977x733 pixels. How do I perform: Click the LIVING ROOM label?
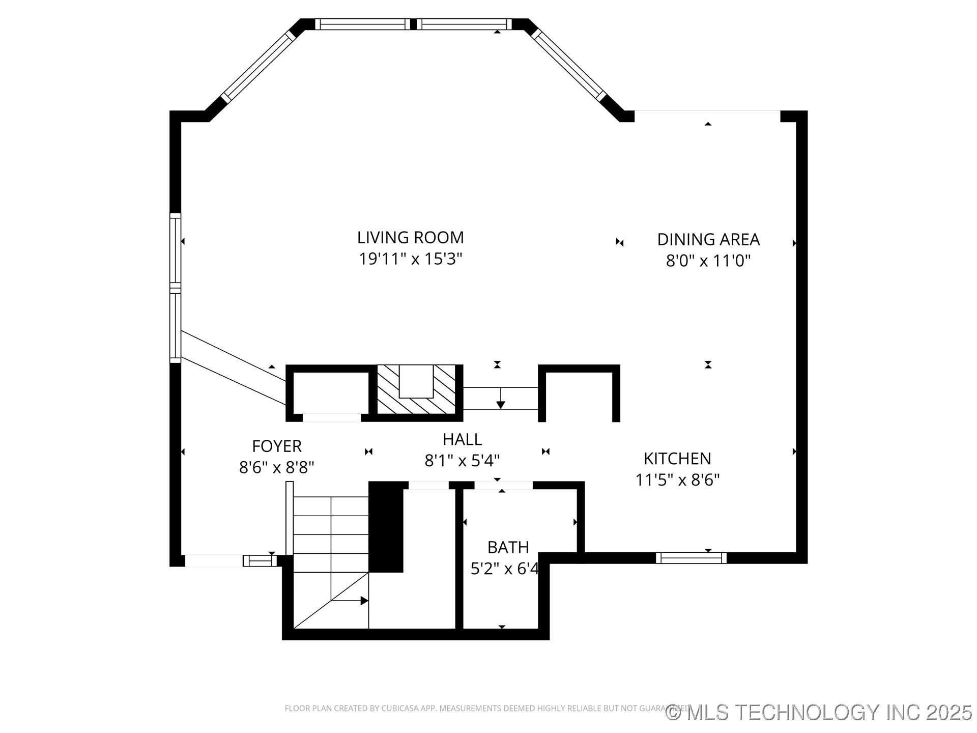coord(410,238)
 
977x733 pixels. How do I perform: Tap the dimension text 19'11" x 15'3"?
coord(410,259)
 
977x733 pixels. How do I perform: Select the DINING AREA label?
coord(708,239)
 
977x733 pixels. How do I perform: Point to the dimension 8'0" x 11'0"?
coord(708,261)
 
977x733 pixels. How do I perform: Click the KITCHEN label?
coord(677,459)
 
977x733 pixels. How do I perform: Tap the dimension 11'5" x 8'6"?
coord(677,480)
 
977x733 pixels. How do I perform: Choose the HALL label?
coord(462,439)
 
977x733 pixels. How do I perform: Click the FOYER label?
coord(277,446)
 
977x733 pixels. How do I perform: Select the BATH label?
coord(508,547)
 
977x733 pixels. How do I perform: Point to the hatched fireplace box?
coord(416,389)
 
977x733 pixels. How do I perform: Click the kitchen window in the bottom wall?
coord(691,558)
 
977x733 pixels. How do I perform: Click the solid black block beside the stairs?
coord(386,527)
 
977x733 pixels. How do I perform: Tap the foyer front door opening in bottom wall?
coord(214,560)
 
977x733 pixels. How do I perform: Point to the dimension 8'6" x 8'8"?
coord(277,467)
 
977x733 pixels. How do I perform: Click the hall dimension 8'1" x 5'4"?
coord(462,461)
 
